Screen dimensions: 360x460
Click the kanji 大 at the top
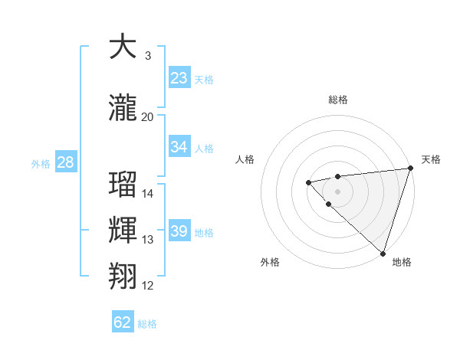123,47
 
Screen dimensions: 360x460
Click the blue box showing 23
179,78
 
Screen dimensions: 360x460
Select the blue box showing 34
179,147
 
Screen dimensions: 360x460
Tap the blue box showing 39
179,231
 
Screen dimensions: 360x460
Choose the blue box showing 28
65,162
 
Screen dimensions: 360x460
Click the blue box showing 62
123,322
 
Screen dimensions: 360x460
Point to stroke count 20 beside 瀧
148,117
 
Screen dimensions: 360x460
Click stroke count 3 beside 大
148,56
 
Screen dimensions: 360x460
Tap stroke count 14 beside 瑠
148,194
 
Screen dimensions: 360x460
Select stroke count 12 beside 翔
148,286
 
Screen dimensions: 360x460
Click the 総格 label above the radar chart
338,100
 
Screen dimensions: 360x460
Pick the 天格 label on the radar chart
431,159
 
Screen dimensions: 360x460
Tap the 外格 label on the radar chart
270,262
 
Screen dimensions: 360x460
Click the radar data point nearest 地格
383,253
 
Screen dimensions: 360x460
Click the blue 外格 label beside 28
41,163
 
